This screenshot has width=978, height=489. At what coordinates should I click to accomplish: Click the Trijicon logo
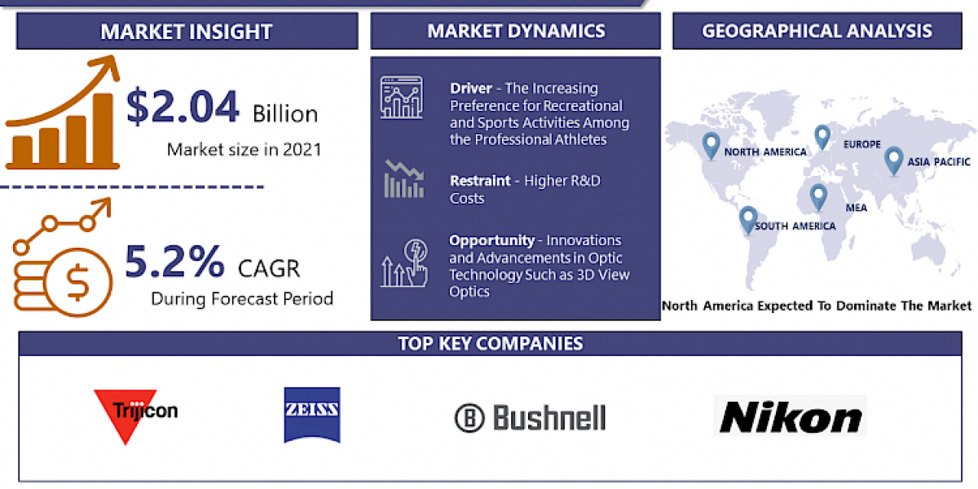(135, 413)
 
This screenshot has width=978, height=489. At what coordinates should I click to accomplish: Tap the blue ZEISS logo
(312, 415)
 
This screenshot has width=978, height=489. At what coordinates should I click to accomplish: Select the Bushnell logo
(531, 418)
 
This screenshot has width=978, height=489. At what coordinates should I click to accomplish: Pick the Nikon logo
(790, 417)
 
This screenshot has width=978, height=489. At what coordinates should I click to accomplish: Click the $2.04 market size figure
(183, 108)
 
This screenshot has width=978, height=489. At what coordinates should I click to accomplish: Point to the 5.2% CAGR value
(174, 261)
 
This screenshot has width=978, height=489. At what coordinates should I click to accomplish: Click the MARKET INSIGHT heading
(187, 32)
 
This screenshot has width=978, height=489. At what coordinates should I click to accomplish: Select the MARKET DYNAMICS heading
(516, 31)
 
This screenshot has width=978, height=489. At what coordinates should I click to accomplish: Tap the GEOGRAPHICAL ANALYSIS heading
(817, 31)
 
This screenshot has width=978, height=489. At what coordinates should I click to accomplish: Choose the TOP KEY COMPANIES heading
(491, 343)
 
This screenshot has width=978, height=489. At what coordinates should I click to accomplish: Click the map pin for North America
(711, 145)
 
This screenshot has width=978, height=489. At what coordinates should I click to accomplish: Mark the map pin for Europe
(822, 137)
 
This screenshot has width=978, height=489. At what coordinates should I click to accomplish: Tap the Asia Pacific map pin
(894, 159)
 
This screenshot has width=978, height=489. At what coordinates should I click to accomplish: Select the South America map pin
(748, 218)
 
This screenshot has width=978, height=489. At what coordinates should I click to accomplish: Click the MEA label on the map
(856, 208)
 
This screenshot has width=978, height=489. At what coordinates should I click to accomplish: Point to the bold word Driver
(470, 88)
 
